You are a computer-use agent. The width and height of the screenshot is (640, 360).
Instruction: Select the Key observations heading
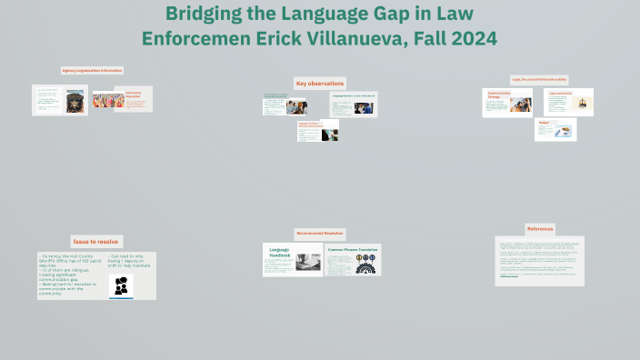point(319,84)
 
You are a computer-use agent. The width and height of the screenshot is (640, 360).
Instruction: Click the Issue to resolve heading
point(95,242)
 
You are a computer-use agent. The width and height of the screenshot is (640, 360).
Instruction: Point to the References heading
point(539,228)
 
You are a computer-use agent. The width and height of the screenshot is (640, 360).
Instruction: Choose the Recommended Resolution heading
point(320,234)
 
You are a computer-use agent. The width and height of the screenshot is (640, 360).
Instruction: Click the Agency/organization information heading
point(92,70)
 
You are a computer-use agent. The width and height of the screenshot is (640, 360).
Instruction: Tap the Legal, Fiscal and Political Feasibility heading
point(539,80)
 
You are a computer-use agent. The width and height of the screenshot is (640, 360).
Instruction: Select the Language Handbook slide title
point(279,253)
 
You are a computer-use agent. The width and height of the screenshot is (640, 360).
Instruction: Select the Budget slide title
point(545,122)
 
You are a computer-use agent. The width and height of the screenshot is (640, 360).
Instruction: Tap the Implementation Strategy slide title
point(499,95)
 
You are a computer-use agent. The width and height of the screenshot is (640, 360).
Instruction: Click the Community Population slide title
point(134,94)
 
